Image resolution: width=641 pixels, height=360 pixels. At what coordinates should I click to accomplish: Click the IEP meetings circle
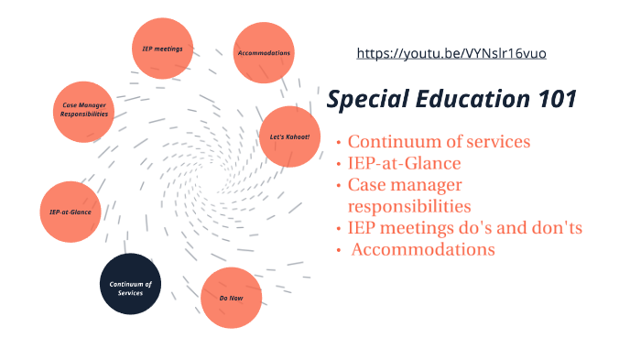click(162, 48)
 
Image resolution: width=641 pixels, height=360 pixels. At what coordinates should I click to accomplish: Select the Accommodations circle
click(264, 53)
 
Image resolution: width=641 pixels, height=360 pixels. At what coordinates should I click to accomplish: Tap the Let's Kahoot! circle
click(289, 136)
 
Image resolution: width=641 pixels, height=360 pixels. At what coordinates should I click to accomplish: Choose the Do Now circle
click(230, 297)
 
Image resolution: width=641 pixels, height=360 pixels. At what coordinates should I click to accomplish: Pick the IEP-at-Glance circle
click(71, 212)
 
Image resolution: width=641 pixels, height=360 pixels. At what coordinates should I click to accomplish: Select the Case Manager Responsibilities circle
click(85, 111)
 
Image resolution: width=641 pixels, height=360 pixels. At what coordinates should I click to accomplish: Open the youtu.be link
click(451, 54)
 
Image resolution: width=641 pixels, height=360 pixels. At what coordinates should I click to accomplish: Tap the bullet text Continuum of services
click(439, 142)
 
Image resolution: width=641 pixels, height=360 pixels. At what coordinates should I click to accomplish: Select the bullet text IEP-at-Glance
click(404, 164)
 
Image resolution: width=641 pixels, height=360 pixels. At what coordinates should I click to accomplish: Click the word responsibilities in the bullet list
click(408, 206)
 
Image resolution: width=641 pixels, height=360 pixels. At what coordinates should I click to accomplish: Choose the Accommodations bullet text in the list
click(423, 249)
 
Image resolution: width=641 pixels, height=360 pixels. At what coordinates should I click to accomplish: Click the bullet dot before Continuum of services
click(339, 143)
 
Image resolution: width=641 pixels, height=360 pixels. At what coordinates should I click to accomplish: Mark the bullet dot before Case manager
click(339, 186)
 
